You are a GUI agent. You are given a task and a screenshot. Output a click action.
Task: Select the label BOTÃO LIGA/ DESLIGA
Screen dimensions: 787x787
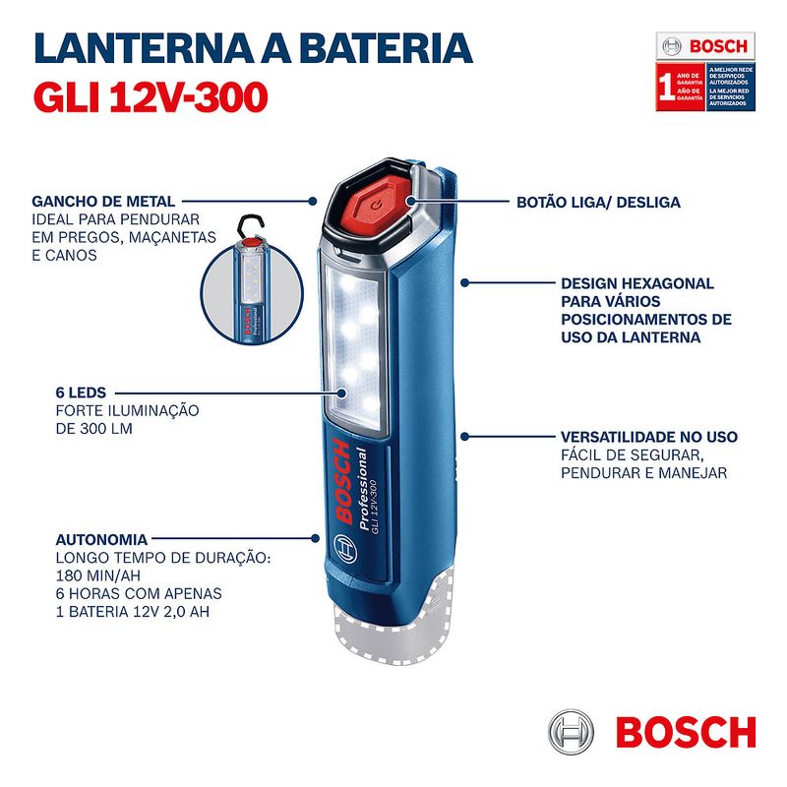coord(598,202)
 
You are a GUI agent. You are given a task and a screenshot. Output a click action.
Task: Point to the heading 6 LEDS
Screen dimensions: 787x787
coord(60,392)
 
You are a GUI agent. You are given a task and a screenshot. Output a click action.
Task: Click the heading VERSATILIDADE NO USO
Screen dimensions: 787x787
coord(648,436)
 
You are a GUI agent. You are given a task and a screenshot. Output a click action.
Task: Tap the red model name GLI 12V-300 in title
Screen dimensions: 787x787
coord(149,95)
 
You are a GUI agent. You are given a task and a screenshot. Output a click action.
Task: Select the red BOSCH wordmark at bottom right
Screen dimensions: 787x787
coord(685,733)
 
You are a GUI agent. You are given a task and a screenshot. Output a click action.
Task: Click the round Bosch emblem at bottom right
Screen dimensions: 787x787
coord(572,733)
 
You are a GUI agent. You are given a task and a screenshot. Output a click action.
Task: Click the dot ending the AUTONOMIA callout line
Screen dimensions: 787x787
coord(314,539)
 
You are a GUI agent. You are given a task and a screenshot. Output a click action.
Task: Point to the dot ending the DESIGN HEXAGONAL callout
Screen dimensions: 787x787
coord(464,283)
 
